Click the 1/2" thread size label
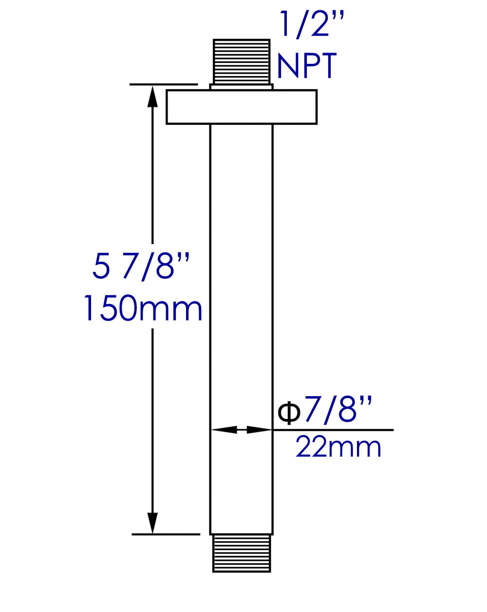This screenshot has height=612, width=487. tap(311, 24)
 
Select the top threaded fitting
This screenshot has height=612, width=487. tap(241, 61)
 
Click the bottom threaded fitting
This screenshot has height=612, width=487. tap(241, 553)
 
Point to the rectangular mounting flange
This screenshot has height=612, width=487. tap(241, 107)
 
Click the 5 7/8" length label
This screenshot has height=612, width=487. tap(140, 267)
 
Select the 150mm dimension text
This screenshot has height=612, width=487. tap(142, 308)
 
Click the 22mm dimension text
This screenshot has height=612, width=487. tap(338, 447)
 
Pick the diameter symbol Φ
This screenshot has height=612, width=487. tap(288, 413)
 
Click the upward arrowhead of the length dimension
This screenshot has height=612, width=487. tap(153, 96)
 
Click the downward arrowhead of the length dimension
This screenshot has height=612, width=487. tap(153, 523)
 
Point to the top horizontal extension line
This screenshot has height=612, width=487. tap(163, 84)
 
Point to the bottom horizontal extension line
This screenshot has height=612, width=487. tap(166, 534)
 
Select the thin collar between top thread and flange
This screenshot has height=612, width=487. tap(241, 87)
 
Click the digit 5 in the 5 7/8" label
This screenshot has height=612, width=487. tap(101, 267)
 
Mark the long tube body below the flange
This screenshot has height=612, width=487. tap(241, 292)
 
